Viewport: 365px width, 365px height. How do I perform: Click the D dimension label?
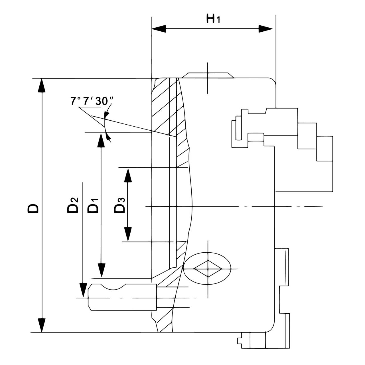click(x=33, y=208)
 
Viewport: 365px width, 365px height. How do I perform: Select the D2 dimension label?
click(x=73, y=205)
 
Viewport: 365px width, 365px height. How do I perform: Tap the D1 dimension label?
click(x=93, y=205)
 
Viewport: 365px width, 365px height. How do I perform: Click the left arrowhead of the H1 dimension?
click(x=159, y=28)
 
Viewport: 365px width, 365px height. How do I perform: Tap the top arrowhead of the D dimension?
click(x=42, y=85)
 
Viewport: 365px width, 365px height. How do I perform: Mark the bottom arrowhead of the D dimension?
click(x=42, y=325)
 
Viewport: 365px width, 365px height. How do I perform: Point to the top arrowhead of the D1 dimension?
click(x=100, y=140)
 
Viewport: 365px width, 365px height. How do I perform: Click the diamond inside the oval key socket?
click(x=208, y=269)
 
